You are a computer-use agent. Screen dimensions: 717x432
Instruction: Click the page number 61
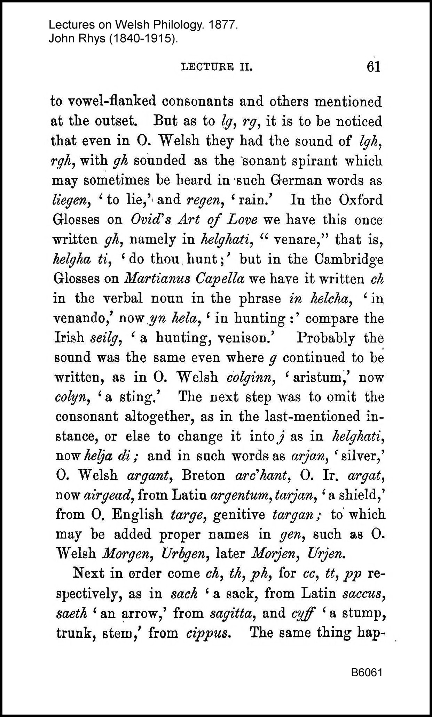373,66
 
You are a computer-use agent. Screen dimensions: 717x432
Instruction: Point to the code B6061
367,673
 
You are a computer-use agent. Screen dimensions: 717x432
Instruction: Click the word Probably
325,338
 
